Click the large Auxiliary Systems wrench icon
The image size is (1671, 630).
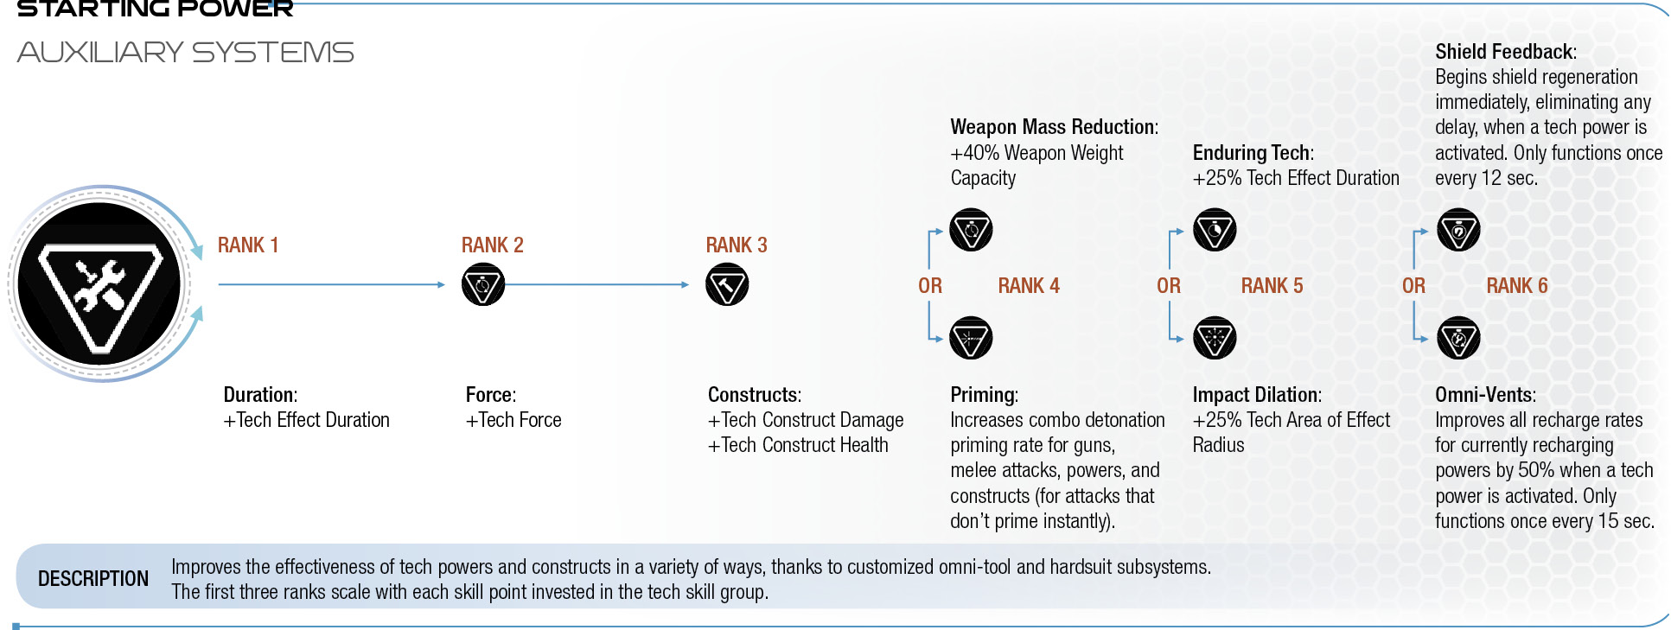[99, 284]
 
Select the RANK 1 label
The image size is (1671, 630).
[248, 245]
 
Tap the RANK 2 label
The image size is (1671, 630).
[492, 245]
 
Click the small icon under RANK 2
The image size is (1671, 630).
[483, 284]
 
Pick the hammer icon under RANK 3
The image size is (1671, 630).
[727, 284]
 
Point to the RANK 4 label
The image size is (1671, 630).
[1029, 286]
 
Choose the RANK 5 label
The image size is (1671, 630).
[1272, 286]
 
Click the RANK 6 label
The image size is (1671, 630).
[1517, 286]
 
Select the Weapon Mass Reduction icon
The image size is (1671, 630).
[971, 230]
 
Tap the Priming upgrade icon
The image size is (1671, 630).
[971, 338]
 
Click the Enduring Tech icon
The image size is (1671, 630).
[1215, 230]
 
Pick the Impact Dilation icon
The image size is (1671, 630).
[1215, 338]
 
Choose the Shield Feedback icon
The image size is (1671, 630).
[1458, 230]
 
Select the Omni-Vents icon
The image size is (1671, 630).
[1458, 338]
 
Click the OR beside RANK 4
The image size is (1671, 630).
[930, 286]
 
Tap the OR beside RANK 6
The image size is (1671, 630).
[1413, 286]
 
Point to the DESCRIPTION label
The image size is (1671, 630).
[93, 579]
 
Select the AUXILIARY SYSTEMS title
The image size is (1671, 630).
[185, 53]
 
